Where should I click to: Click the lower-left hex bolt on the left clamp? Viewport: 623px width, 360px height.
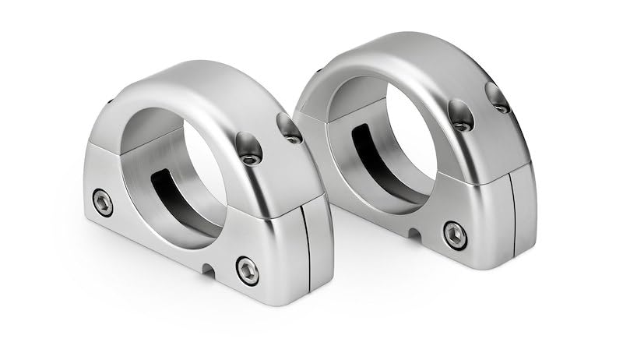[102, 203]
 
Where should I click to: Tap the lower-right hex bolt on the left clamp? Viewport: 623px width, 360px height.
[248, 270]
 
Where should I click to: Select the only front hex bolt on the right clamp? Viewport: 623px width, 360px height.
[455, 235]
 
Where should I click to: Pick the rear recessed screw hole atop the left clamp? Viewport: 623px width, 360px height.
[290, 128]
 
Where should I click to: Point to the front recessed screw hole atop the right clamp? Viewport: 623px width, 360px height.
[460, 116]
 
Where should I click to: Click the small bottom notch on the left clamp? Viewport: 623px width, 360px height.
[206, 269]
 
